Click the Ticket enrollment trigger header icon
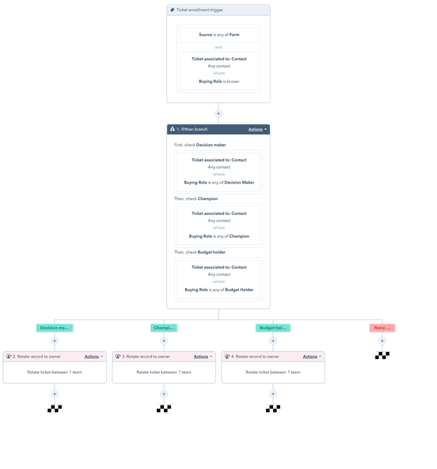[173, 10]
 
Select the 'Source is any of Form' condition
[218, 35]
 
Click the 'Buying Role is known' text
[218, 81]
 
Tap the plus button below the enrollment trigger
[218, 113]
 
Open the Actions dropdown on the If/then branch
[257, 130]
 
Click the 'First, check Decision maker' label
[200, 145]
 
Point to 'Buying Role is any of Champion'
[218, 236]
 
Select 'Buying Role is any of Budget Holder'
[218, 290]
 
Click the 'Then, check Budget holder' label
[200, 252]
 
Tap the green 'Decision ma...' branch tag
[55, 328]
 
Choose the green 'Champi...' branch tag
[164, 328]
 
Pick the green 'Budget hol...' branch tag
[273, 328]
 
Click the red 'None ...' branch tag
[382, 328]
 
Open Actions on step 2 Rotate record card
[94, 356]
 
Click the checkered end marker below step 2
[55, 408]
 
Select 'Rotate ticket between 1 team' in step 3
[164, 372]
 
